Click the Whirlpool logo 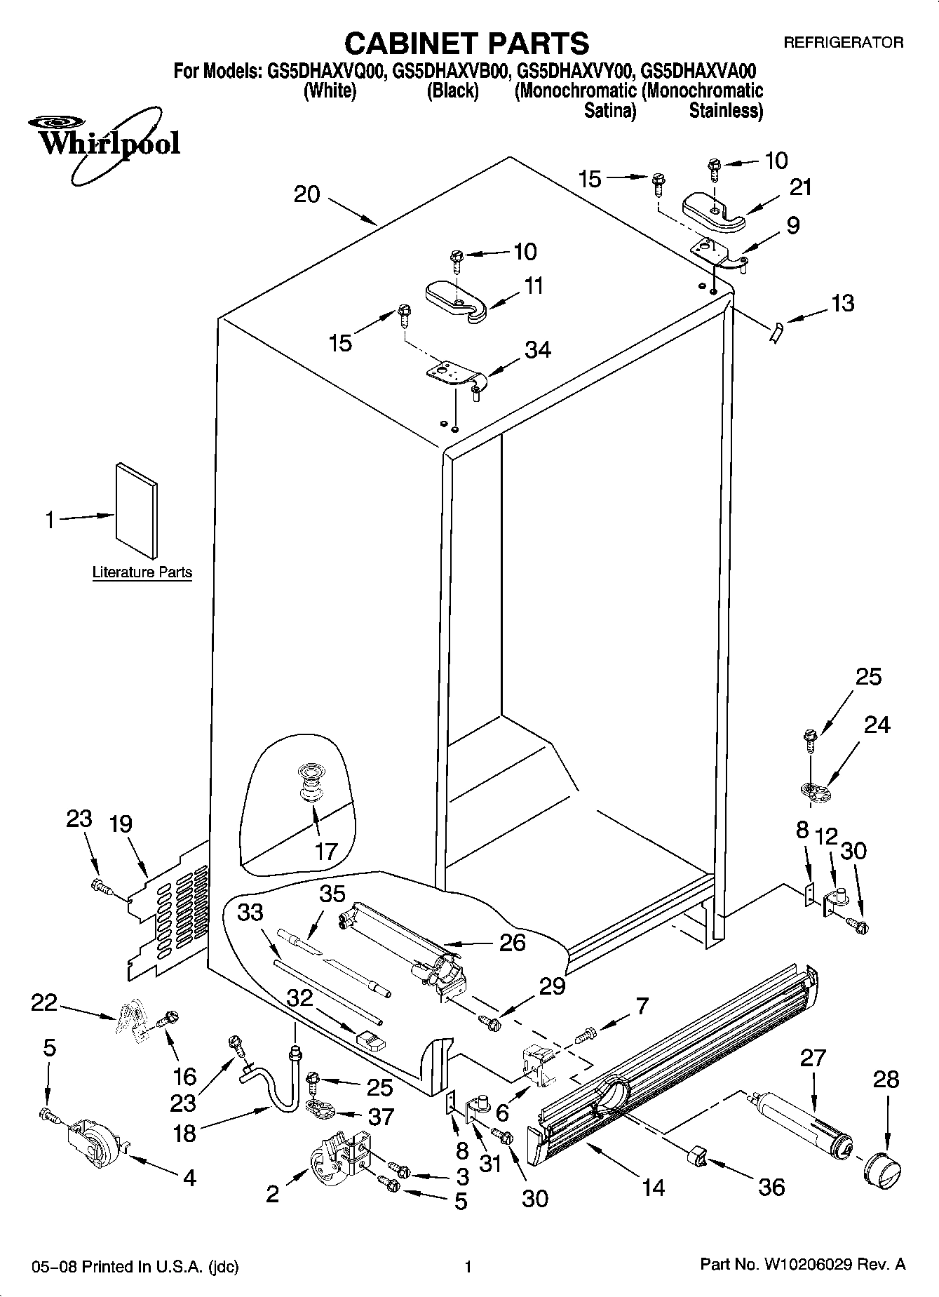[105, 143]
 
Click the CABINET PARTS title [467, 43]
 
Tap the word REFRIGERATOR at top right [843, 43]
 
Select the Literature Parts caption [142, 572]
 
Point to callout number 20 [306, 194]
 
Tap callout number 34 [538, 349]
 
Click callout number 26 [512, 941]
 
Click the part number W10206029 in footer [813, 1265]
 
